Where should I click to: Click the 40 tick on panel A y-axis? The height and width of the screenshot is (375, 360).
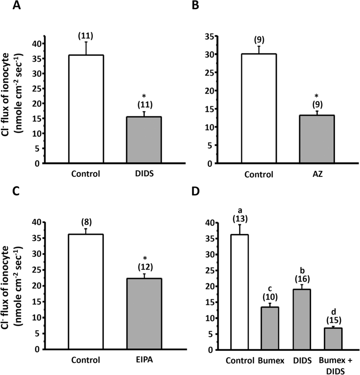pyautogui.click(x=36, y=43)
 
